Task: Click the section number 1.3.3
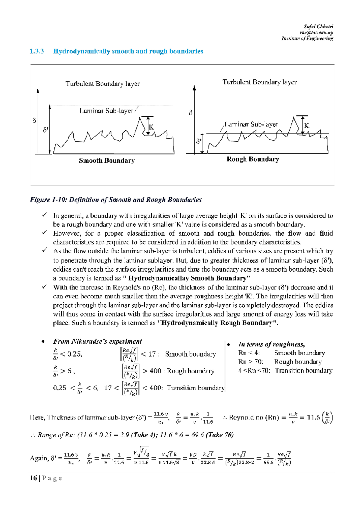pyautogui.click(x=37, y=51)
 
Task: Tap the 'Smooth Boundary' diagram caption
pyautogui.click(x=107, y=161)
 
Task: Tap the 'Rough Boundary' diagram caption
pyautogui.click(x=253, y=159)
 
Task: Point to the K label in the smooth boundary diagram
pyautogui.click(x=151, y=127)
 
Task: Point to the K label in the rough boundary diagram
pyautogui.click(x=306, y=126)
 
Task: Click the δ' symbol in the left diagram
pyautogui.click(x=46, y=130)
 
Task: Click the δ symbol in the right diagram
pyautogui.click(x=191, y=113)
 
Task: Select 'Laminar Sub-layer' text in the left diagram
pyautogui.click(x=106, y=111)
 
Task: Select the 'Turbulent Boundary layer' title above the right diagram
pyautogui.click(x=259, y=82)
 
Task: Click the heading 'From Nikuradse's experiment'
pyautogui.click(x=97, y=341)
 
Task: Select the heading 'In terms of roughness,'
pyautogui.click(x=271, y=344)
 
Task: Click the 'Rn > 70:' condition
pyautogui.click(x=251, y=362)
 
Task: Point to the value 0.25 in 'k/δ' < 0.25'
pyautogui.click(x=74, y=354)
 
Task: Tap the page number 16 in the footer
pyautogui.click(x=33, y=478)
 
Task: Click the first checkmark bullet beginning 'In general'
pyautogui.click(x=45, y=215)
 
